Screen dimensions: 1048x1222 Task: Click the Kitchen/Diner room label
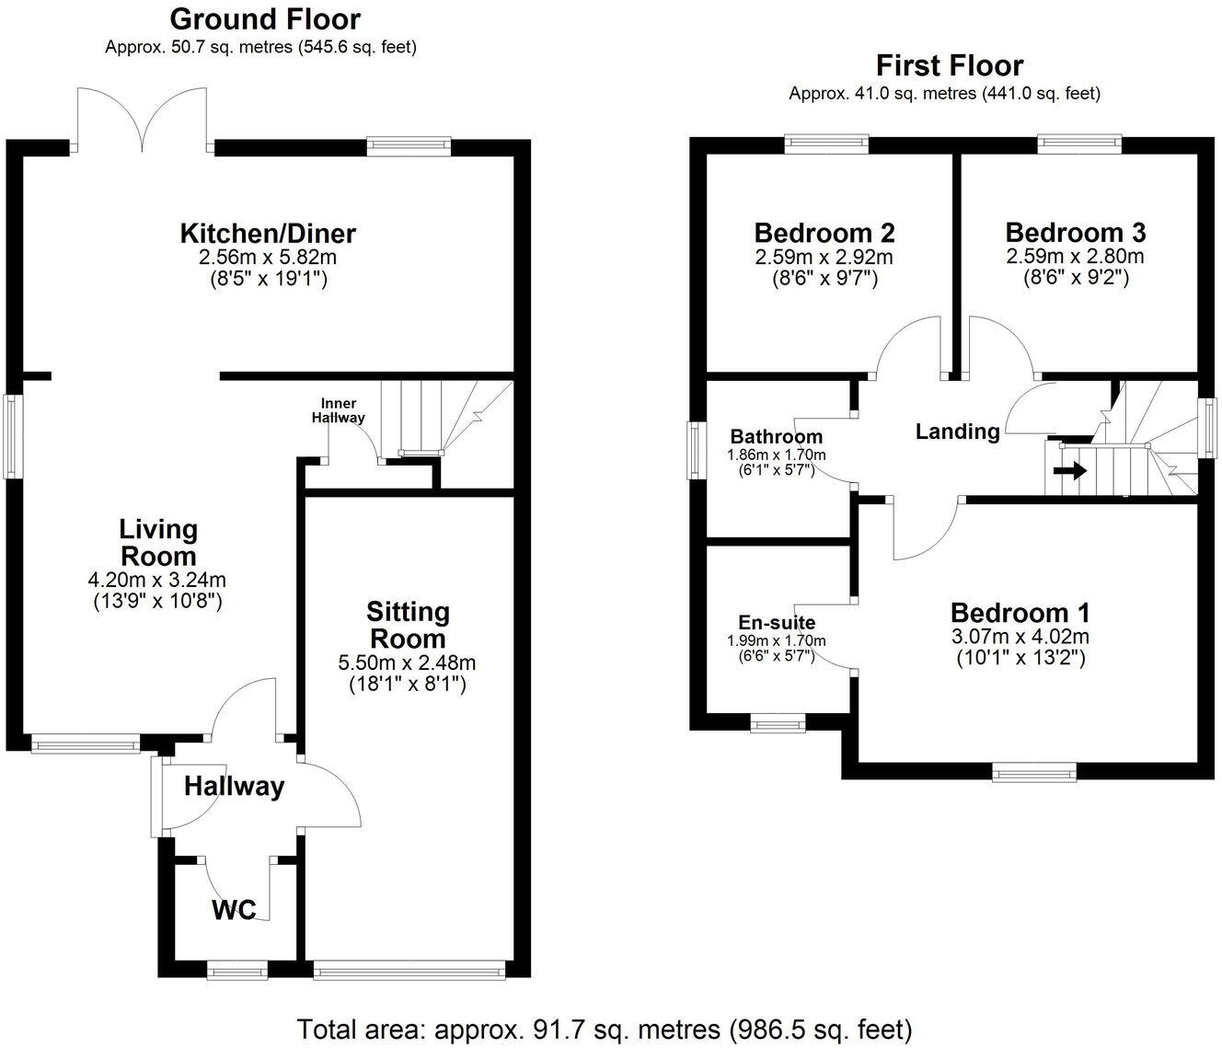point(268,234)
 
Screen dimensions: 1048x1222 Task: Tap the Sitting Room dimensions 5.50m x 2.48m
point(408,662)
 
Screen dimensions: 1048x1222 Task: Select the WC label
point(234,911)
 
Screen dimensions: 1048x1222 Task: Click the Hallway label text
point(234,787)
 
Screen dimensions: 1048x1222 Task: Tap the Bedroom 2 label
point(824,233)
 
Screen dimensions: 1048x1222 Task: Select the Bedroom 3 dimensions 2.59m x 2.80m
point(1075,257)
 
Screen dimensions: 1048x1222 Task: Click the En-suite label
point(777,623)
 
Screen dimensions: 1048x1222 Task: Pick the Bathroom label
point(777,437)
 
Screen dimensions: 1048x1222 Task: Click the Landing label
point(957,432)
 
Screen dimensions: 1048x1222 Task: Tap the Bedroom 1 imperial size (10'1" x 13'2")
point(1020,658)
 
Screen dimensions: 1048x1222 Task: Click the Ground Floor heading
point(265,18)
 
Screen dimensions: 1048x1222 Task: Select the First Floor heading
point(949,66)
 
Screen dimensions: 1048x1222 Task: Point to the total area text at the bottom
point(605,1028)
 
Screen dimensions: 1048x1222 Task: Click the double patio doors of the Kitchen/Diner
point(142,120)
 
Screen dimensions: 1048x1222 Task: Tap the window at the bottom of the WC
point(236,969)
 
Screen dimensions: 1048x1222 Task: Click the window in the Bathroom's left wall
point(697,450)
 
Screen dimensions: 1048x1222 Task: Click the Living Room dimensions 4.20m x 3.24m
point(157,581)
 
